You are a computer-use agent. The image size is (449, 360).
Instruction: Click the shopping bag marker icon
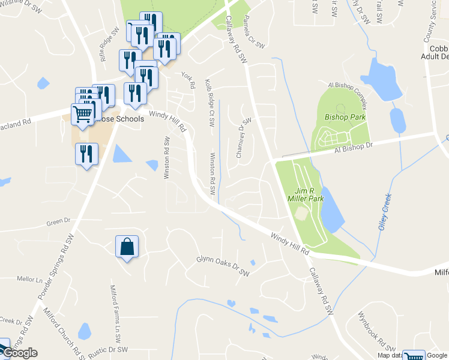[127, 247]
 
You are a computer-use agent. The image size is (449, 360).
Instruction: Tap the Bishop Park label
[345, 117]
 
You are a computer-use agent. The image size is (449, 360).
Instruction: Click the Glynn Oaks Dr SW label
[223, 266]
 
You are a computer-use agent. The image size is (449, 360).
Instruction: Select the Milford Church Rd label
[62, 332]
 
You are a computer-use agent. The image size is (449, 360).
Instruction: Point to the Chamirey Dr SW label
[243, 138]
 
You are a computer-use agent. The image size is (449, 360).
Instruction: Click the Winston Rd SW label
[212, 173]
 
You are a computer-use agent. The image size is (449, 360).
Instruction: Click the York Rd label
[188, 80]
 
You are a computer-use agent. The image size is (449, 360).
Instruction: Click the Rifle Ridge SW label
[110, 52]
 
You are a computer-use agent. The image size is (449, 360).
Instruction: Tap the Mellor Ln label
[31, 280]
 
